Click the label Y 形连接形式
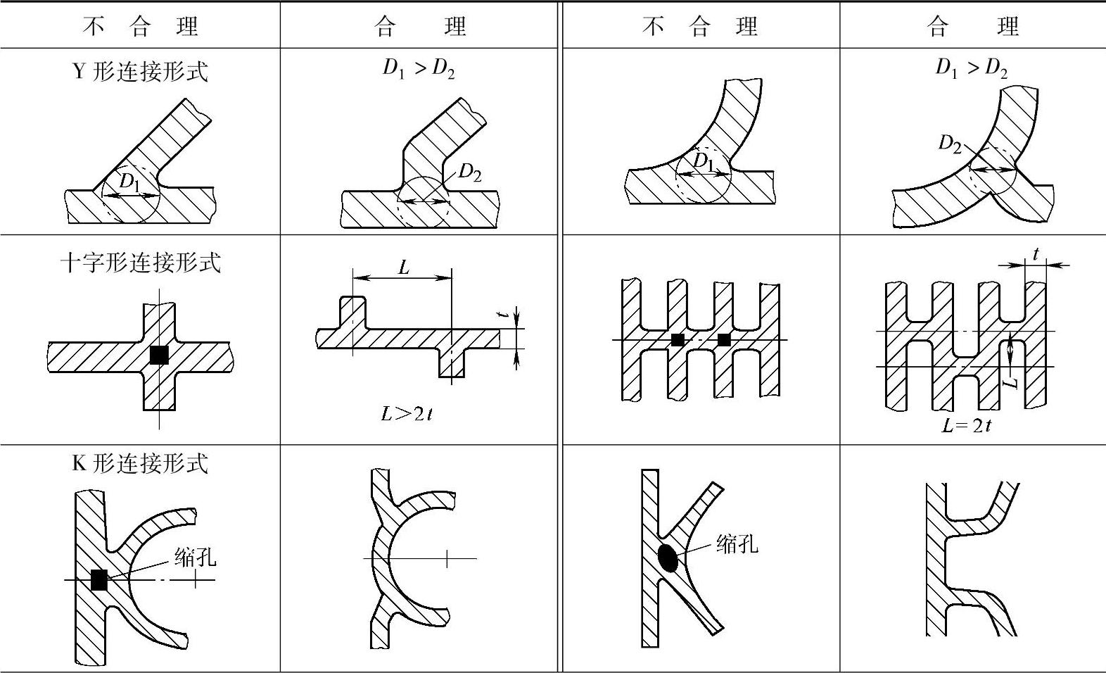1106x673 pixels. pos(141,72)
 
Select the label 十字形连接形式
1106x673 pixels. pos(141,263)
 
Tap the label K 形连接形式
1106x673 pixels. pos(141,463)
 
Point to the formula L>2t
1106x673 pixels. pos(407,414)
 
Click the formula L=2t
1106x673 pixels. pos(967,425)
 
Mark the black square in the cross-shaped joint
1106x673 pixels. pos(159,356)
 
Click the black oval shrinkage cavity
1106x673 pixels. pos(668,558)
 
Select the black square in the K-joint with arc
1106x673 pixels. pos(99,580)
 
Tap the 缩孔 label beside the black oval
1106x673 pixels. pos(737,543)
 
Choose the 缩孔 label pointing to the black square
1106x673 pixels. pos(196,558)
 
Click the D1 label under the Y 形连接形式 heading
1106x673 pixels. pos(129,182)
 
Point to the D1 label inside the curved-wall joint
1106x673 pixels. pos(703,161)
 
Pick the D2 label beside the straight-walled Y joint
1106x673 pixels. pos(469,172)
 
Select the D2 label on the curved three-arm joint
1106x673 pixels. pos(950,144)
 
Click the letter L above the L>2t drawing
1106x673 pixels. pos(403,268)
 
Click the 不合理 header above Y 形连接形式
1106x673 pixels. pos(141,27)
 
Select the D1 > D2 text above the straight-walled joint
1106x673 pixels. pos(419,68)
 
